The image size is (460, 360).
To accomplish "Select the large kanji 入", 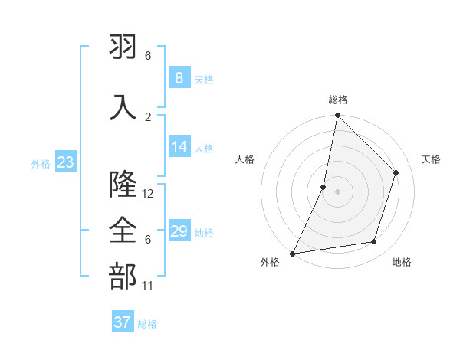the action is point(123,107).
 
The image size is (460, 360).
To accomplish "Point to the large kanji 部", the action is point(123,277).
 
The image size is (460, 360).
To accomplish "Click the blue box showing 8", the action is point(179,78).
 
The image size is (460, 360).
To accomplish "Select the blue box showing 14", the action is point(179,147).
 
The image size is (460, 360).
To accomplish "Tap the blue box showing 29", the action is point(179,231).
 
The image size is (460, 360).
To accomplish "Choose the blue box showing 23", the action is point(66,162).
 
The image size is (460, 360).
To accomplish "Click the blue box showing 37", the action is point(123,322).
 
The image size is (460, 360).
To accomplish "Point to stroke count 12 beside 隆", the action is point(148,194).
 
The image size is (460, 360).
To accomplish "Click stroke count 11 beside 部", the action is point(148,286).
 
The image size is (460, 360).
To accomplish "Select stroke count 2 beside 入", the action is point(148,116).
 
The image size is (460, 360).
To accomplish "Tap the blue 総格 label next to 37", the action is point(147,324).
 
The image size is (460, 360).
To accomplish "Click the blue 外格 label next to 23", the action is point(40,163).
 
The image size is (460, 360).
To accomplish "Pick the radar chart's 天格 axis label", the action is point(432,159).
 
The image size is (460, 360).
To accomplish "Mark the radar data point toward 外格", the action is point(292,254).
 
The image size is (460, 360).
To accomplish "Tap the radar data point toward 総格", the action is point(337,115).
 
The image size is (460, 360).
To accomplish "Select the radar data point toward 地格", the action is point(374,242).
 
